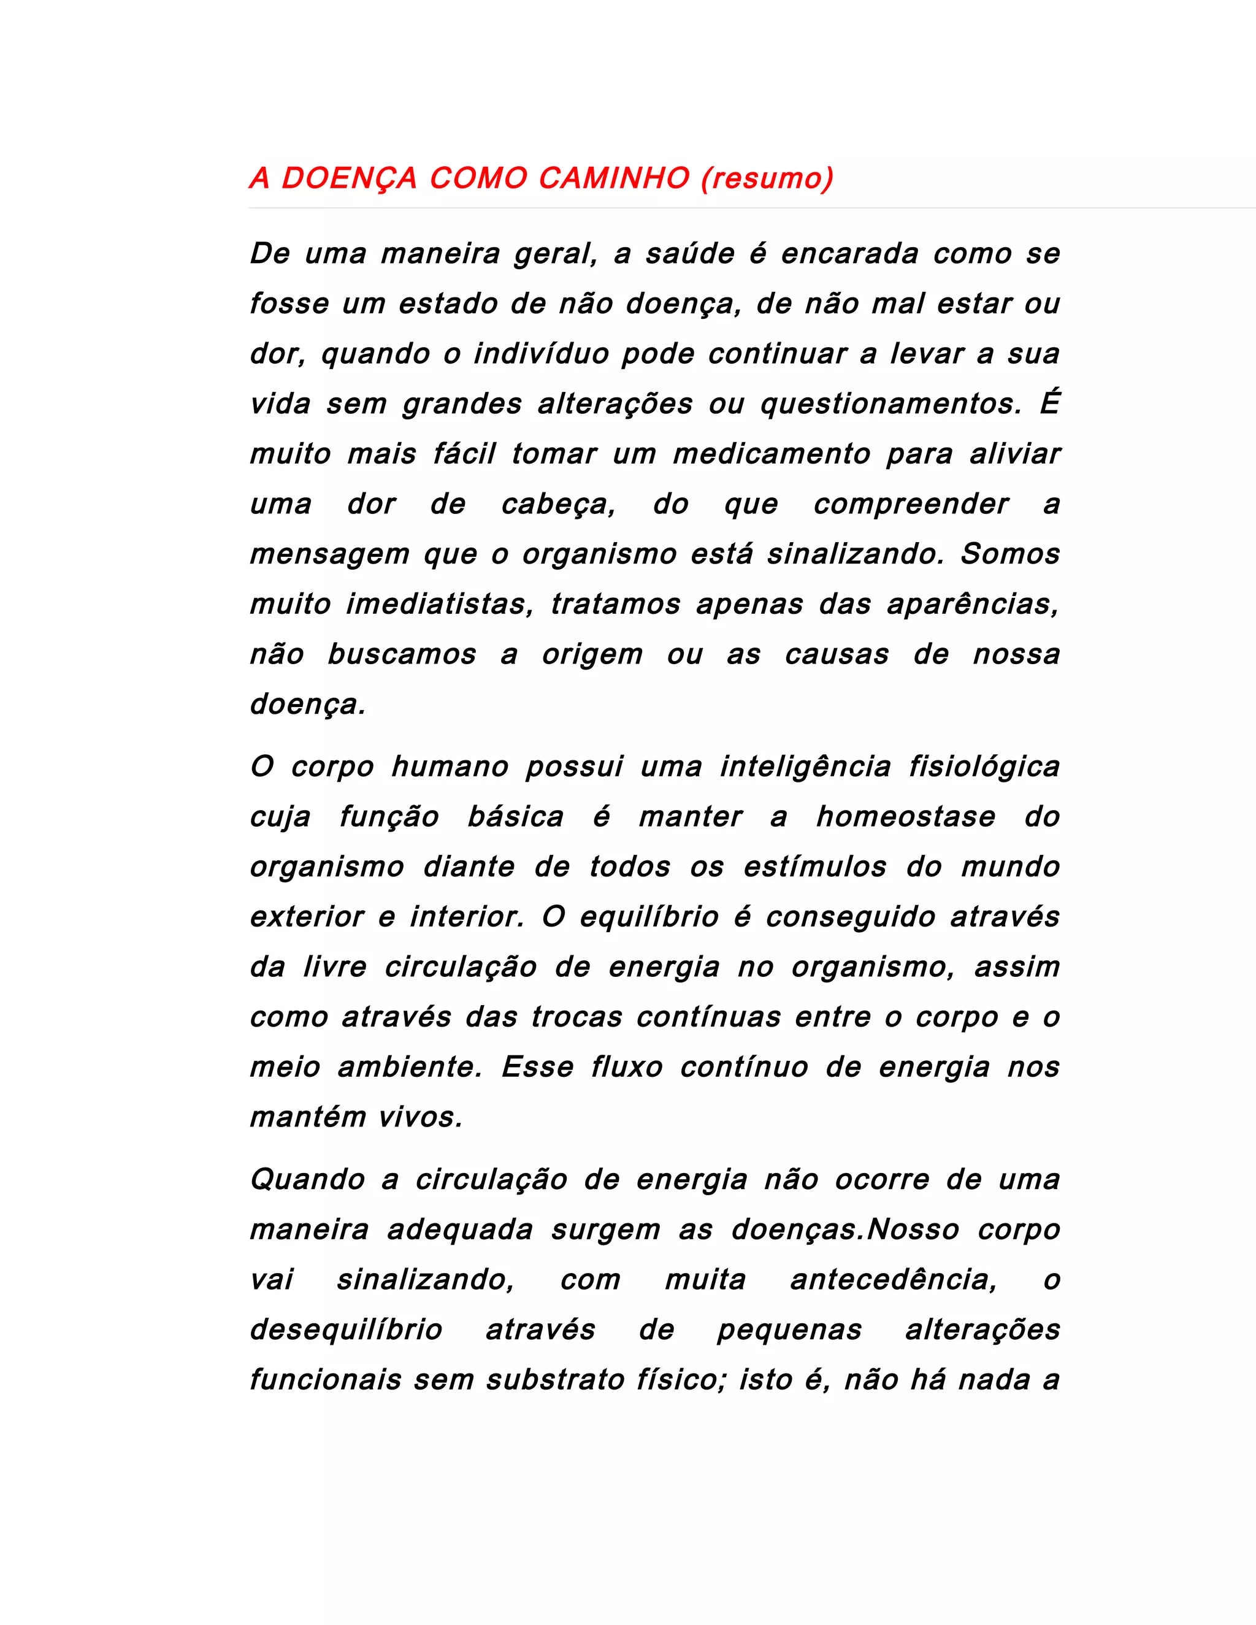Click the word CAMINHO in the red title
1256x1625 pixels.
614,178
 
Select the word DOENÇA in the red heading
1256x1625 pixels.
349,178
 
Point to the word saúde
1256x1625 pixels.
690,254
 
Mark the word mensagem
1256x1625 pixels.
329,554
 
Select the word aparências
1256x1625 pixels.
973,604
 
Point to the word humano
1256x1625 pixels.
450,767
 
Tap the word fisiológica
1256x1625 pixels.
984,767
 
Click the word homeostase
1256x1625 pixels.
906,817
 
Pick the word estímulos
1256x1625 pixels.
816,867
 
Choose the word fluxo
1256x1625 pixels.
627,1067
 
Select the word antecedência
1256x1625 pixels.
893,1280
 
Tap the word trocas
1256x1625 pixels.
576,1017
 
